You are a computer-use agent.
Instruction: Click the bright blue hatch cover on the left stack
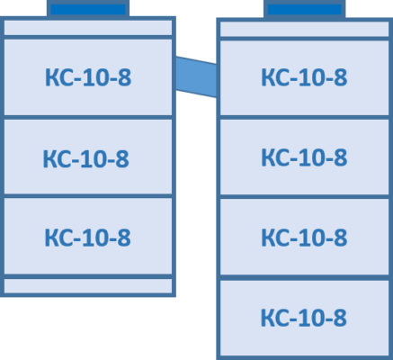click(x=88, y=9)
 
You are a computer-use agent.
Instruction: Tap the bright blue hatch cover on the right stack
click(x=305, y=9)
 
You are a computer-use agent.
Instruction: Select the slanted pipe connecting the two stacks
click(x=196, y=76)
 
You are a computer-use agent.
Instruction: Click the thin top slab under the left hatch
click(x=88, y=28)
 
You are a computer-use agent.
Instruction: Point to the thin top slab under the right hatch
click(x=305, y=29)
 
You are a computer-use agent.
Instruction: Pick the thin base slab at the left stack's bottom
click(x=88, y=286)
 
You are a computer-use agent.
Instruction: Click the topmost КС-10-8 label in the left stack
click(x=88, y=77)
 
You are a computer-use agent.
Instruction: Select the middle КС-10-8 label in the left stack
click(x=86, y=158)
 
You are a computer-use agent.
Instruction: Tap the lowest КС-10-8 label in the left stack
click(x=87, y=238)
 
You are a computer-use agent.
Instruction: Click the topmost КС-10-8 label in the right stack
click(x=304, y=77)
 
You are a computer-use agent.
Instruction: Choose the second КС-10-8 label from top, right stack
click(x=304, y=157)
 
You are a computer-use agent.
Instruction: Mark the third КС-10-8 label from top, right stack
click(x=304, y=238)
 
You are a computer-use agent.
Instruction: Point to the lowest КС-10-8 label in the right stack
click(x=304, y=318)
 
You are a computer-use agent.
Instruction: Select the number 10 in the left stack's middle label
click(x=94, y=158)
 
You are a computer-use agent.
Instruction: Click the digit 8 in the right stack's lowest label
click(x=340, y=318)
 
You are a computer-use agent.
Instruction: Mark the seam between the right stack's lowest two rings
click(x=305, y=277)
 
